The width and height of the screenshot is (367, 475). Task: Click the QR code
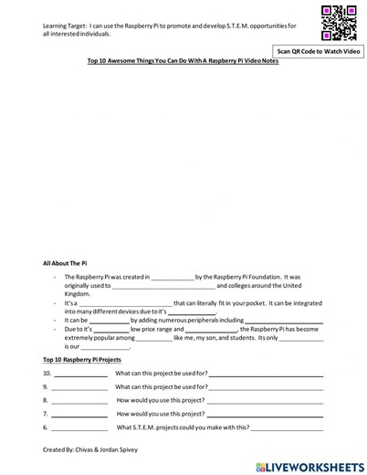click(339, 23)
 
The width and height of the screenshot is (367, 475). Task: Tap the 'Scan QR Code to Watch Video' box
click(320, 52)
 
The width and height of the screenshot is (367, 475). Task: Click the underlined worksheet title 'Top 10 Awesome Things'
click(183, 61)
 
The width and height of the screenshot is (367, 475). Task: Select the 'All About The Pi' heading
click(65, 262)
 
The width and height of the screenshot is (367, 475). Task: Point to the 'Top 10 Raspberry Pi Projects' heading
click(82, 360)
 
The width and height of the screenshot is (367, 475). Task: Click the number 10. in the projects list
click(47, 374)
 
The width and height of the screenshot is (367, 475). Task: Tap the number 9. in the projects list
click(46, 386)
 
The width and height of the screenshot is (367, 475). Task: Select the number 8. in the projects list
click(46, 400)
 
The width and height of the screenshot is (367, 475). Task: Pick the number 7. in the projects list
click(46, 413)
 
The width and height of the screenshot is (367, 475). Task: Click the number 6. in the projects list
click(46, 427)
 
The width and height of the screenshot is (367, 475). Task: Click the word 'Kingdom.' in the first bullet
click(78, 294)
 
